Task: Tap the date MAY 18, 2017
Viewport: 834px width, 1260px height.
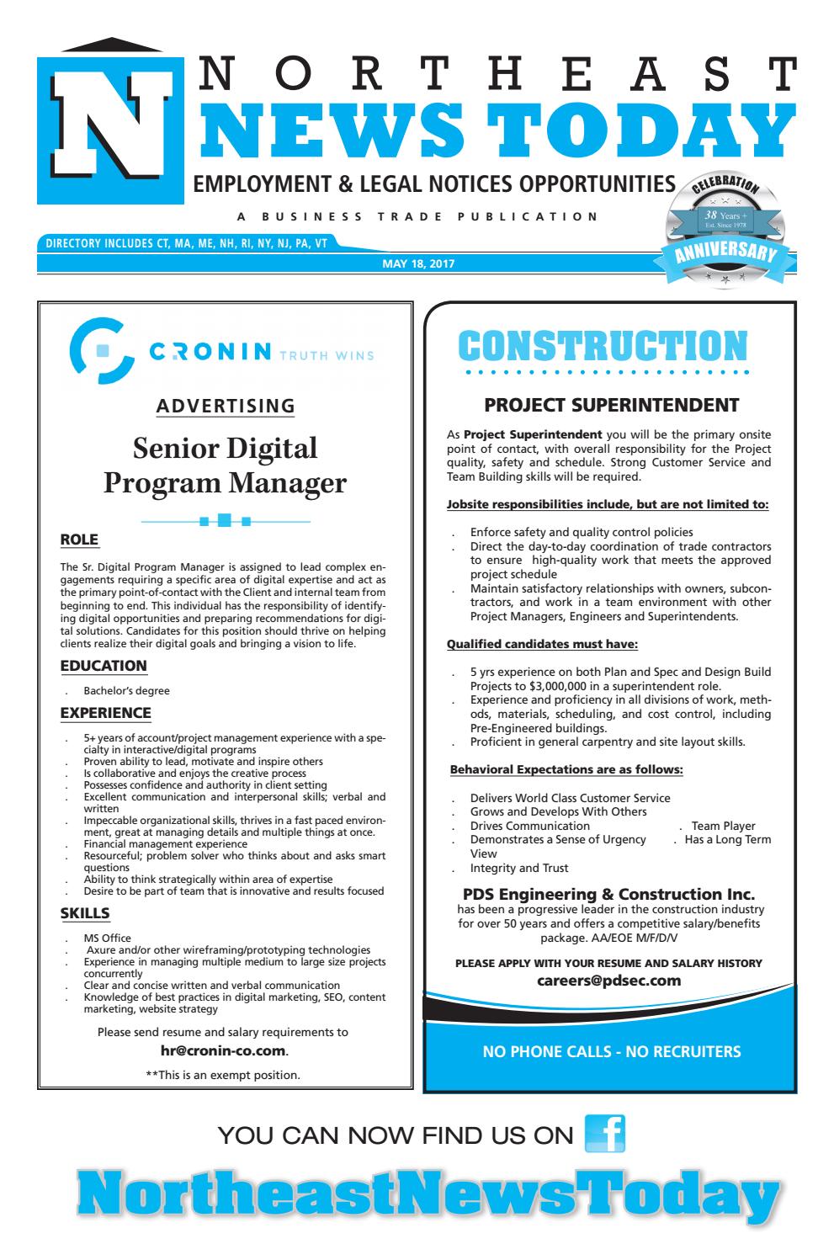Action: coord(418,264)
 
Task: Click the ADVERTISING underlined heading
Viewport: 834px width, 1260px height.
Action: coord(226,407)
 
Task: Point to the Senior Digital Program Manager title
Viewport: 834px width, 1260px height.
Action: coord(225,465)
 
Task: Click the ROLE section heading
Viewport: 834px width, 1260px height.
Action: coord(79,540)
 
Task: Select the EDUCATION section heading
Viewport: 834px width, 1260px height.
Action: coord(104,666)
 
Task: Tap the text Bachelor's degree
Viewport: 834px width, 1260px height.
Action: coord(126,691)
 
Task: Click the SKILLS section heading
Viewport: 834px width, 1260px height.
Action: coord(85,913)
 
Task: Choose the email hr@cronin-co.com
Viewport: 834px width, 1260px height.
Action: coord(224,1050)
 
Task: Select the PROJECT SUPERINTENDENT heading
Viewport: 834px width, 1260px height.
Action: coord(612,406)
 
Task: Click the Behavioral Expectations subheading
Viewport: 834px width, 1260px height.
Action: coord(566,769)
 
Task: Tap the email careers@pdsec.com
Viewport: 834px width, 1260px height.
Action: coord(608,981)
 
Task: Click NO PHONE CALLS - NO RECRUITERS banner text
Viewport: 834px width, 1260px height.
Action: coord(611,1051)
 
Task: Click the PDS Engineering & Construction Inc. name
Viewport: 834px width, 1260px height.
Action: coord(608,894)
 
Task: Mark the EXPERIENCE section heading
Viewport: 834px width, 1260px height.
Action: coord(105,713)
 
